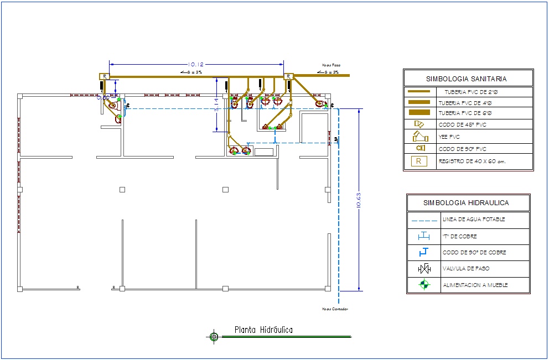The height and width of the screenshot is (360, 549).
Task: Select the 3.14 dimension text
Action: (x=217, y=105)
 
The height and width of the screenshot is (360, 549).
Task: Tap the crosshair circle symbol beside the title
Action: (x=214, y=336)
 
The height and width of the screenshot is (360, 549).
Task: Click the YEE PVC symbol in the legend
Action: (x=420, y=136)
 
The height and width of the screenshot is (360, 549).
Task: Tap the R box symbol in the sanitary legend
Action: (x=419, y=161)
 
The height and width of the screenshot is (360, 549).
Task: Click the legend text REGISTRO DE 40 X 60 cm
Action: (x=472, y=161)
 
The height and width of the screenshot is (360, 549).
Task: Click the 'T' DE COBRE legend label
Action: (x=460, y=237)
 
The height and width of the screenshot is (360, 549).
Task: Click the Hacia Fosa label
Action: (x=331, y=65)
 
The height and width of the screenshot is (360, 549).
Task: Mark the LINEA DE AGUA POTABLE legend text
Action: (x=474, y=220)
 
